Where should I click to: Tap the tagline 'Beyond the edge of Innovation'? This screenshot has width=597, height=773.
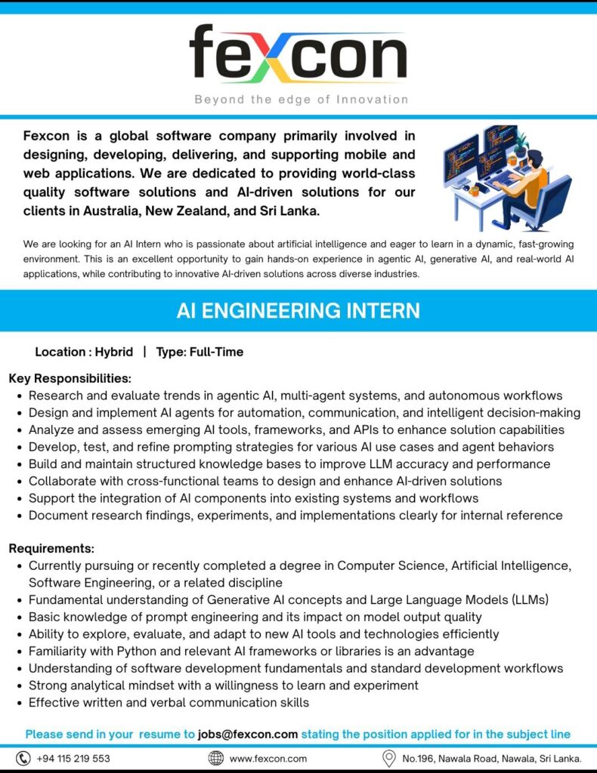pyautogui.click(x=301, y=100)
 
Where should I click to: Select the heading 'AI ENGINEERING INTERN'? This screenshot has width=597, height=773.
pyautogui.click(x=298, y=311)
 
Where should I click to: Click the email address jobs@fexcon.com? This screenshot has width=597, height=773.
pyautogui.click(x=248, y=734)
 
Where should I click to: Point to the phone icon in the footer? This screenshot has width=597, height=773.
pyautogui.click(x=23, y=758)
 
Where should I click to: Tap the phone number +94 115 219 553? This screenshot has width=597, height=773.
pyautogui.click(x=73, y=759)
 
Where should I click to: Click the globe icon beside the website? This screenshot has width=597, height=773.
pyautogui.click(x=216, y=758)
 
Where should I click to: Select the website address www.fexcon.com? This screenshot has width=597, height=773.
pyautogui.click(x=268, y=759)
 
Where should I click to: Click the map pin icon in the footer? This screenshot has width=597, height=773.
pyautogui.click(x=389, y=758)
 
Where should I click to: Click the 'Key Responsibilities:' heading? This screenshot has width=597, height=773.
pyautogui.click(x=70, y=378)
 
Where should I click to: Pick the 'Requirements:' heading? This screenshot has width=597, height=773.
pyautogui.click(x=51, y=549)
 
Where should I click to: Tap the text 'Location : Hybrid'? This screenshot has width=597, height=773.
pyautogui.click(x=84, y=352)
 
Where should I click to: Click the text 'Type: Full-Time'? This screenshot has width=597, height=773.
pyautogui.click(x=200, y=352)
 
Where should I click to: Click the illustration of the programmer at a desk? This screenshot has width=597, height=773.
pyautogui.click(x=506, y=177)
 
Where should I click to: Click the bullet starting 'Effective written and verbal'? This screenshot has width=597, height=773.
pyautogui.click(x=169, y=702)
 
